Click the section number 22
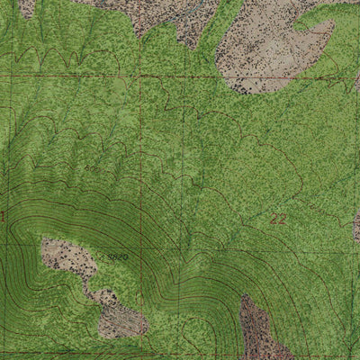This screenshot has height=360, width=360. (x=278, y=219)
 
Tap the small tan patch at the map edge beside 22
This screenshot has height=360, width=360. (x=356, y=225)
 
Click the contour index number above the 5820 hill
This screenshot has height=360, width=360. (x=94, y=168)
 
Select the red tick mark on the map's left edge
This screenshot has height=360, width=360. (x=3, y=216)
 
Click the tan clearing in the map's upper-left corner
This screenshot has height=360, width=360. (x=27, y=7)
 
